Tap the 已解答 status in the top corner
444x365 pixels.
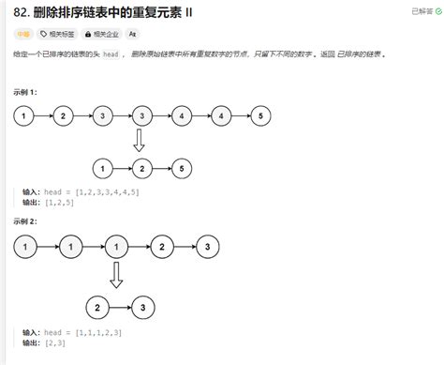[421, 11]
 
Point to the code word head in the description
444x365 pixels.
[110, 54]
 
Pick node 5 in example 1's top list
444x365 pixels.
[261, 115]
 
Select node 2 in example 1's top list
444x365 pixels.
[62, 115]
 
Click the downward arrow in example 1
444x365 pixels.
[140, 141]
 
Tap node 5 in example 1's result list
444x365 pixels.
[179, 168]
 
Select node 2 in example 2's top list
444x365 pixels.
[162, 248]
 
